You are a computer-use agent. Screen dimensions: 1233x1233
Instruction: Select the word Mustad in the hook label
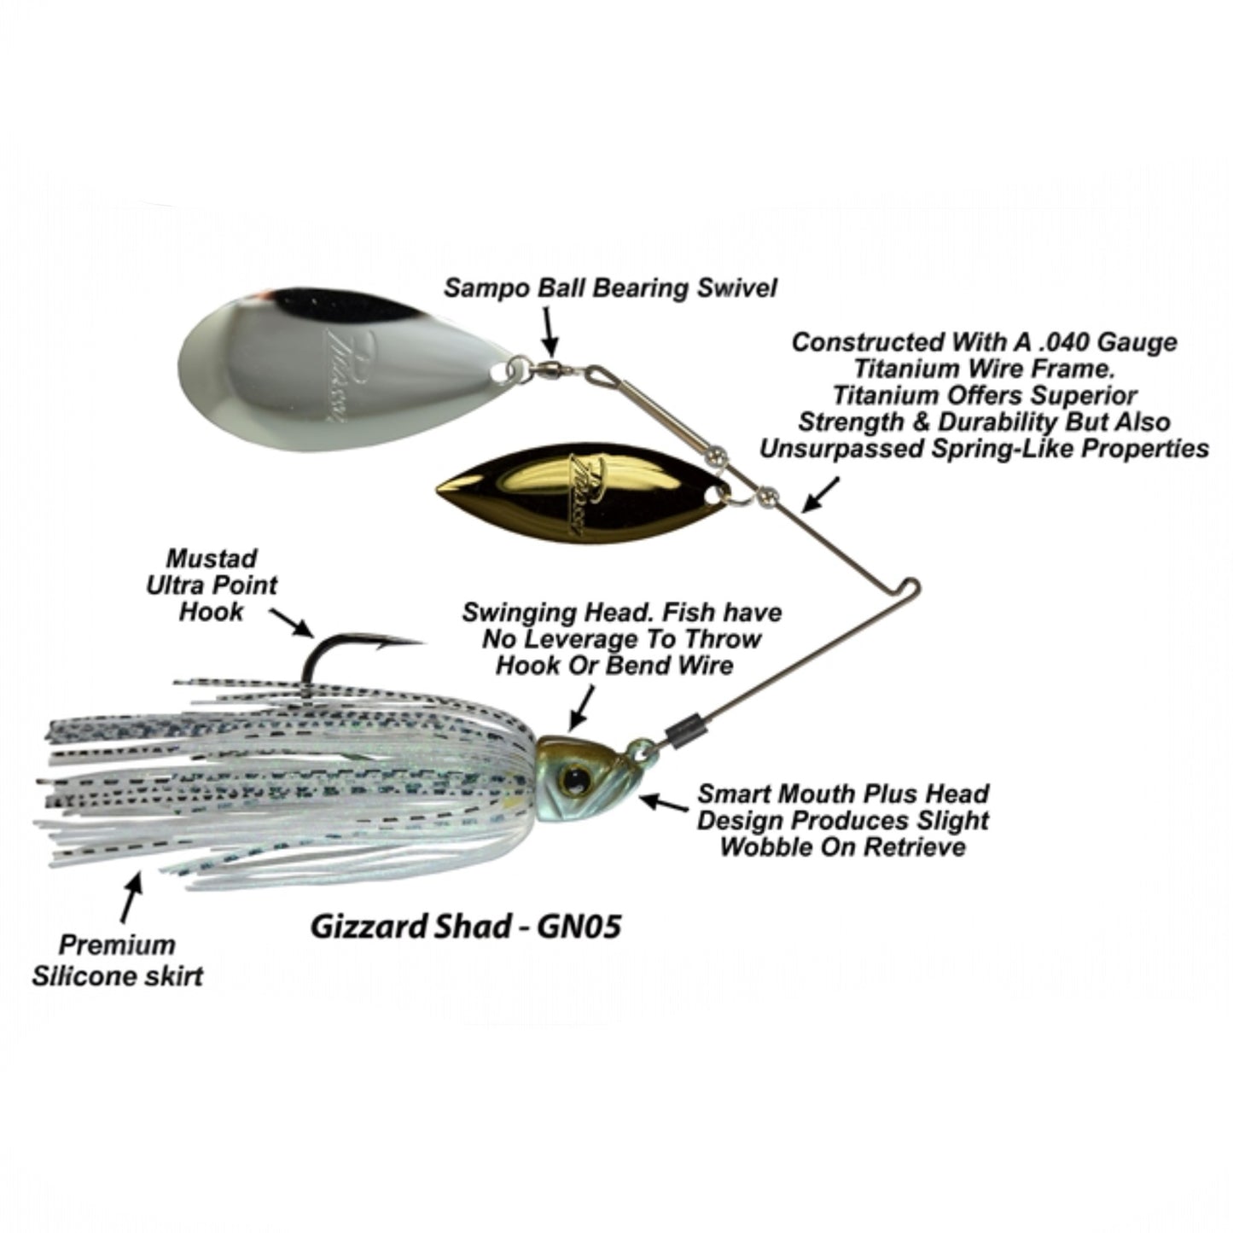(x=212, y=559)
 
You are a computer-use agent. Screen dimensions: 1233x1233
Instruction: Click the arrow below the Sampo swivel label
(x=550, y=334)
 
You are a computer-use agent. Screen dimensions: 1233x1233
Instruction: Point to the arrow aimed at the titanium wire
(x=820, y=495)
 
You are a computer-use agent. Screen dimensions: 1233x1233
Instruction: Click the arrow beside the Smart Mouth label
(x=661, y=803)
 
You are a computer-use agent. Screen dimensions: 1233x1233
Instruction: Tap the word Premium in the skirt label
(x=118, y=945)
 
